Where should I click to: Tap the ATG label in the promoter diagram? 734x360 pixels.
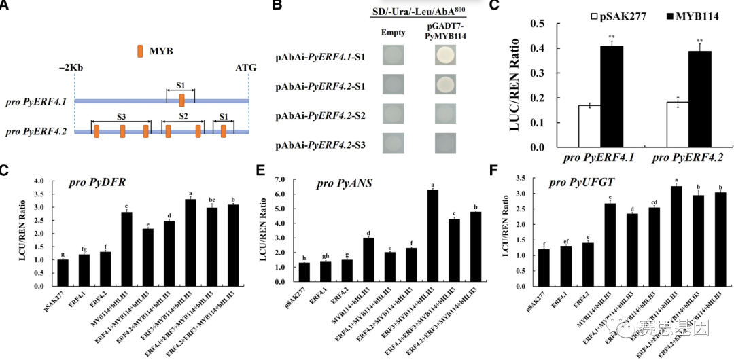(x=246, y=69)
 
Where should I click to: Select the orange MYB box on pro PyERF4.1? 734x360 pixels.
(x=182, y=101)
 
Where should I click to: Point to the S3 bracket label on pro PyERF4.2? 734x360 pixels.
(x=121, y=117)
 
